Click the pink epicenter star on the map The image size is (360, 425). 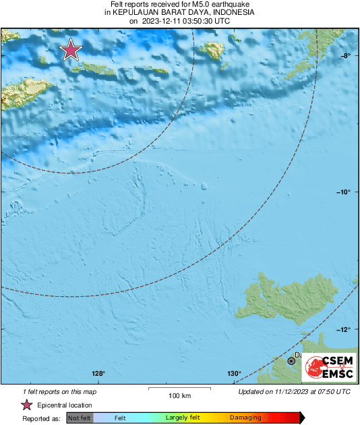click(71, 50)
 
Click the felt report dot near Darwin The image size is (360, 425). click(292, 361)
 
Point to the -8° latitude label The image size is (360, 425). click(344, 56)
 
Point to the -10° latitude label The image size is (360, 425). click(343, 192)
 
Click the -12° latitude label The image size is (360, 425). click(343, 329)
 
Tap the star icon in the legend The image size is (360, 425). click(26, 405)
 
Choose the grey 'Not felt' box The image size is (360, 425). click(80, 418)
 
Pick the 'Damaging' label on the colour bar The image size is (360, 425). click(245, 418)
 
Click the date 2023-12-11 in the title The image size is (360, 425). click(166, 21)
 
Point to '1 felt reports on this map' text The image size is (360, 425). click(59, 391)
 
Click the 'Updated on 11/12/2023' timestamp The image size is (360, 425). click(294, 391)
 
